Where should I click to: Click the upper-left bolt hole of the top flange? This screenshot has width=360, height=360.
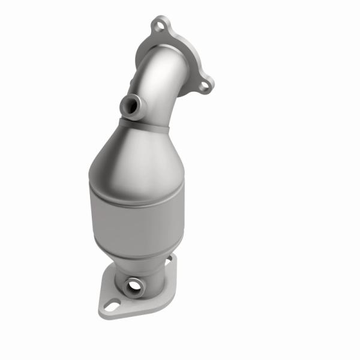coord(159,25)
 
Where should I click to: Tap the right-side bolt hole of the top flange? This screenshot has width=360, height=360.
coord(205,86)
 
